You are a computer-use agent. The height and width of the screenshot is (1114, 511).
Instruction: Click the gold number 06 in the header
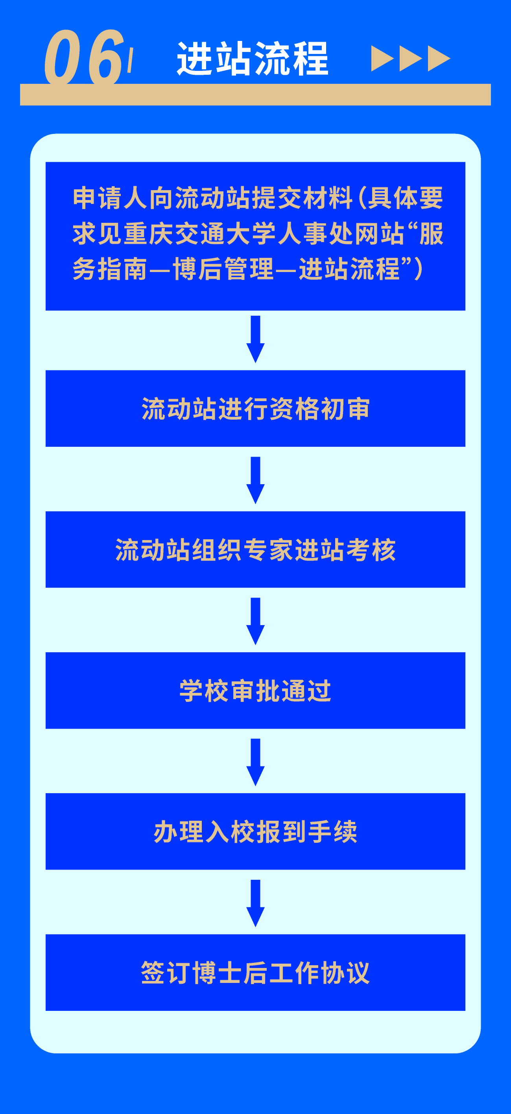point(84,57)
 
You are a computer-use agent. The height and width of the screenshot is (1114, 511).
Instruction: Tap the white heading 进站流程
point(253,59)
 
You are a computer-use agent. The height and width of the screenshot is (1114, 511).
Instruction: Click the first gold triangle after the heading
point(381,58)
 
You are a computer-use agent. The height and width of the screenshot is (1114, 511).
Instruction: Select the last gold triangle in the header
point(438,58)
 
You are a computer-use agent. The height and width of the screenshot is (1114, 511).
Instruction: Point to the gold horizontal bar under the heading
point(255,95)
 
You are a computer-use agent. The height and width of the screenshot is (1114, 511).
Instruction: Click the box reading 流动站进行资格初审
point(255,408)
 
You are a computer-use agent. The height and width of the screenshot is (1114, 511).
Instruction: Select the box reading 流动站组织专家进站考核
point(255,549)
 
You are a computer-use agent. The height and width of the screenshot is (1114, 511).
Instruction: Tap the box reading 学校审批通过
point(255,690)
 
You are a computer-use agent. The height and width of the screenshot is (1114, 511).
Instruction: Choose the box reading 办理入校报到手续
point(255,831)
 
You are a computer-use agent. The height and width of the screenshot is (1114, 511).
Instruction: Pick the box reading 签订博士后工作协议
point(255,972)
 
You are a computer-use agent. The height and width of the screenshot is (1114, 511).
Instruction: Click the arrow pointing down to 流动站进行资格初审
point(256,339)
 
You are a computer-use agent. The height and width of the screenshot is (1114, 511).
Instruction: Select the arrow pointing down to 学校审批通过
point(256,621)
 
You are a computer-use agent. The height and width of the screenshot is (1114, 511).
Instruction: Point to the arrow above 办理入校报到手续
point(256,762)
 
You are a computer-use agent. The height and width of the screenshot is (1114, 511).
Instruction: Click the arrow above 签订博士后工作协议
point(256,903)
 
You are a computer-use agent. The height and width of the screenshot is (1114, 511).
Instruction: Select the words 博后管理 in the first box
point(223,269)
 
